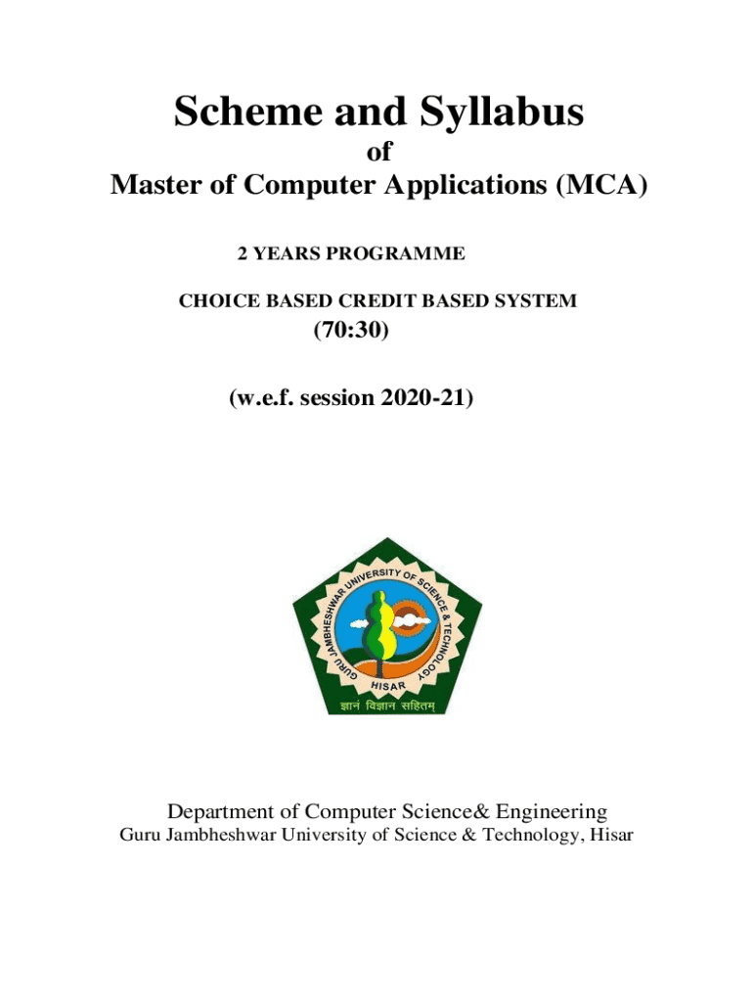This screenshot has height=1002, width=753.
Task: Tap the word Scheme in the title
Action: tap(238, 114)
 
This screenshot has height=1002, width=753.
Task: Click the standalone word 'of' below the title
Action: tap(377, 154)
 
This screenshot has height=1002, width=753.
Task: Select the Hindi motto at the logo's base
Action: tap(387, 704)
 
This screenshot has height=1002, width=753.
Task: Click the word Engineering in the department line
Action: tap(552, 811)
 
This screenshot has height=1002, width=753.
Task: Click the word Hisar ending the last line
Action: tap(610, 836)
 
